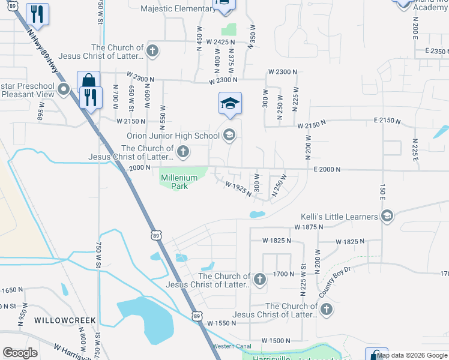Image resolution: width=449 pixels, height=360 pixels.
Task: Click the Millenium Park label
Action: coord(175,181)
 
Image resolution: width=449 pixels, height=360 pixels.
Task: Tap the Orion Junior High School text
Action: coord(173,136)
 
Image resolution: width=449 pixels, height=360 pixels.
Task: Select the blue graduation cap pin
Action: coord(230,104)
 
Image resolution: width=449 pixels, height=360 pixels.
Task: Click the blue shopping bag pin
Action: coord(88,81)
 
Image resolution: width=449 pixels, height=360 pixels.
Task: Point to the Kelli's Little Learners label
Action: coord(339,216)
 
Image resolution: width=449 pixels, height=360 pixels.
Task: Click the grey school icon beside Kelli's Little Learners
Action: coord(387,216)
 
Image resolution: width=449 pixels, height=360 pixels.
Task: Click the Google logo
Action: coord(20,353)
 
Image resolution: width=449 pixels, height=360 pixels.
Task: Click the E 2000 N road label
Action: coord(331,170)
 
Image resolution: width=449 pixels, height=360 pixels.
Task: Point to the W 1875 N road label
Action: coord(309,227)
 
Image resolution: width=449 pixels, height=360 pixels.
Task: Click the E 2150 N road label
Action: coord(386,121)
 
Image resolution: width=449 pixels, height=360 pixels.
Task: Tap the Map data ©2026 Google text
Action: coord(412,355)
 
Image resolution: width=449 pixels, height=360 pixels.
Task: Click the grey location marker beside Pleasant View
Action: coord(66,91)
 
